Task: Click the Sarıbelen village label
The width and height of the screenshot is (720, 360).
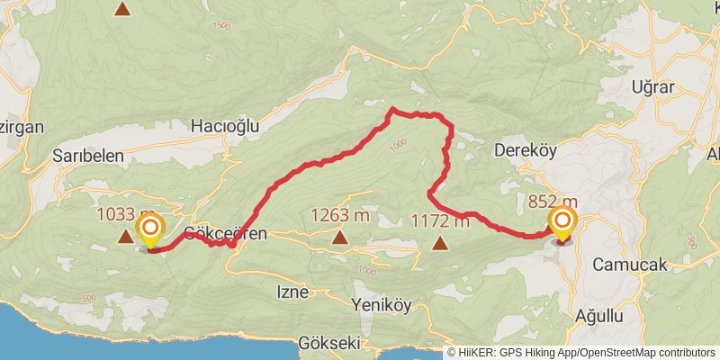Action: [x=88, y=155]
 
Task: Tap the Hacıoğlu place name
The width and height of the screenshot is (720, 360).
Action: [x=225, y=127]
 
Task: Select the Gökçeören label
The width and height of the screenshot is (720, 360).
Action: [x=226, y=234]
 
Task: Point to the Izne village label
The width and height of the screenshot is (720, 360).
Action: [x=292, y=292]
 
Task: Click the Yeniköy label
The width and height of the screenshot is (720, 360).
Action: [x=382, y=304]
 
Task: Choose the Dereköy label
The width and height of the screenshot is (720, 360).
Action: [x=528, y=151]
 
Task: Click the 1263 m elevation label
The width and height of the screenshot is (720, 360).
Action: [x=340, y=215]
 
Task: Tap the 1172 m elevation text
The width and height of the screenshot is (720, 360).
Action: [x=440, y=220]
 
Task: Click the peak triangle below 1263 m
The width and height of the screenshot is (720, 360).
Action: [x=339, y=238]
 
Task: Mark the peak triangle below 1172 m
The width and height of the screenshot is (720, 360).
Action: [x=440, y=242]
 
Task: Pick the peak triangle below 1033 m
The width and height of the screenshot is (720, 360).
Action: [x=124, y=237]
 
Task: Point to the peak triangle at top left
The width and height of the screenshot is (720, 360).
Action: [x=122, y=9]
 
